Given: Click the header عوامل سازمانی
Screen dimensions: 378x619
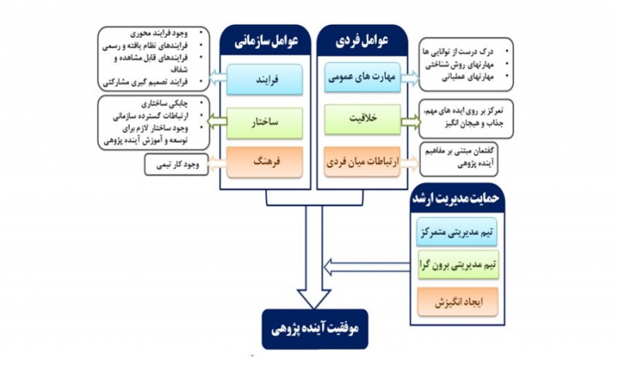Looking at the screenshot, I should coord(265,39).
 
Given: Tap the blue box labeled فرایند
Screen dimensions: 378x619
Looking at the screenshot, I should coord(265,78).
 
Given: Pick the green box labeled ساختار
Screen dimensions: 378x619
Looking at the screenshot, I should coord(265,122).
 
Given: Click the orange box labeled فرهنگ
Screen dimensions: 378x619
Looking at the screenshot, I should coord(265,164).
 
